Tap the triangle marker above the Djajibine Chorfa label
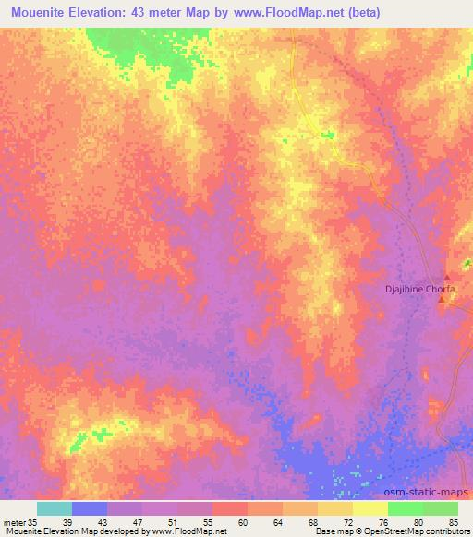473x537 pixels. coord(447,278)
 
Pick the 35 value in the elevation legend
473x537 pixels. coord(33,521)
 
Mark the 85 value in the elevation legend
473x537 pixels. coord(452,521)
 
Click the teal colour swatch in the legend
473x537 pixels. coord(55,508)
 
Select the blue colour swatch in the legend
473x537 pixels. coord(90,508)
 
